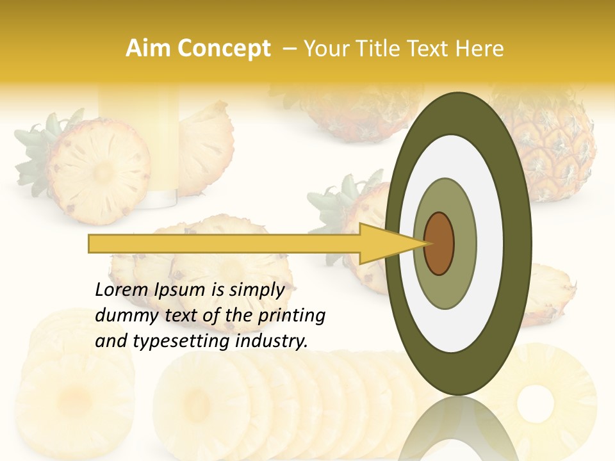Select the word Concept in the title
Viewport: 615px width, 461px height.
tap(224, 49)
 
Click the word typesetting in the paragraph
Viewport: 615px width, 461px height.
tap(173, 342)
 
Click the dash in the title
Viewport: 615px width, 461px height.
tap(290, 49)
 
